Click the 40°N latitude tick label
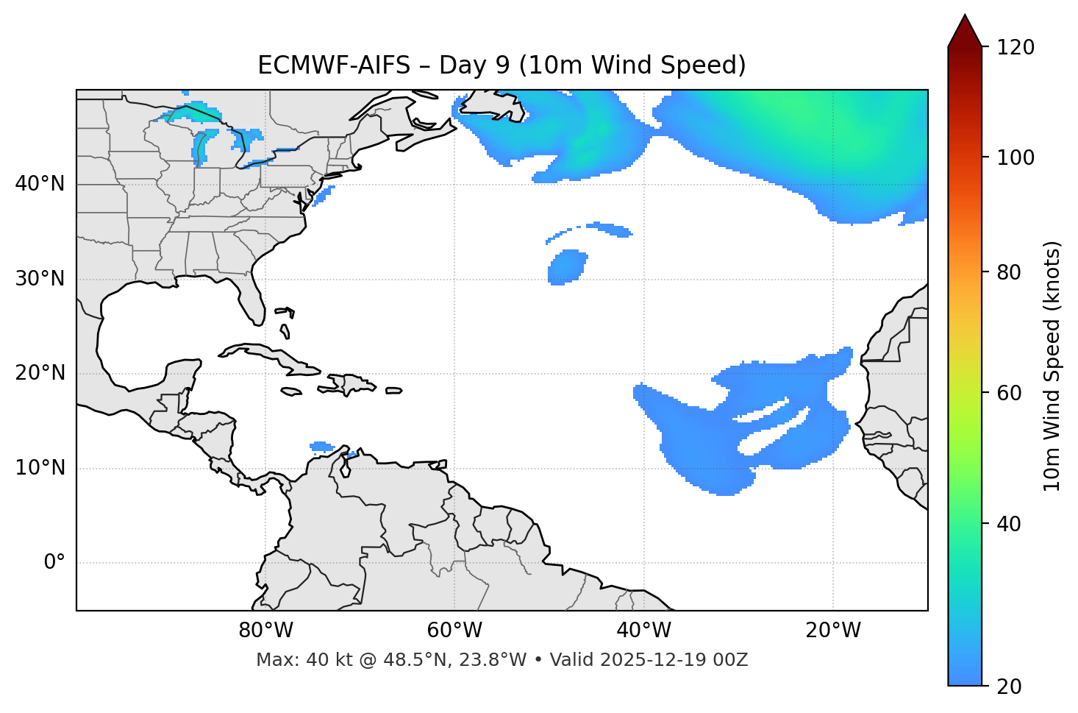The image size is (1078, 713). click(x=40, y=184)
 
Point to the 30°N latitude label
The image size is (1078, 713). click(x=40, y=279)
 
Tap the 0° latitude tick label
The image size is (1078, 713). click(x=54, y=563)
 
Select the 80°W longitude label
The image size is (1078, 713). click(x=265, y=631)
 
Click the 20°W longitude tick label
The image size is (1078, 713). click(x=833, y=631)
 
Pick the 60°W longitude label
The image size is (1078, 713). click(x=454, y=631)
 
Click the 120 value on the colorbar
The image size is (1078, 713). click(x=1016, y=48)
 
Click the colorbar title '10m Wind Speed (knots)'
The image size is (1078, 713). click(x=1053, y=366)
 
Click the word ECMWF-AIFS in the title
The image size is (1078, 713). click(x=334, y=65)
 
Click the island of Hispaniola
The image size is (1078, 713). click(x=349, y=383)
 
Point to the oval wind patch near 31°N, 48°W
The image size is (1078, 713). click(x=568, y=266)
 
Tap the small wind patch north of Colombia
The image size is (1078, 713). click(x=321, y=446)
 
